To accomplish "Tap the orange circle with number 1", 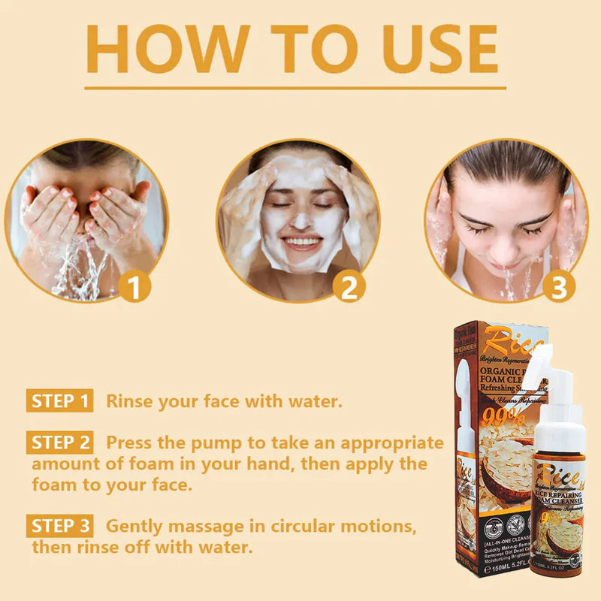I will [135, 288].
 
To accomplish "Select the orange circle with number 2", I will [349, 288].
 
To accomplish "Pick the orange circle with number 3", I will [560, 288].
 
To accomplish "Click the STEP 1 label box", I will [60, 400].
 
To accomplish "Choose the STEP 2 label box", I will [60, 442].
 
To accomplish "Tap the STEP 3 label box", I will [60, 525].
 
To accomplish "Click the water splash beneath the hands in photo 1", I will [75, 270].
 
